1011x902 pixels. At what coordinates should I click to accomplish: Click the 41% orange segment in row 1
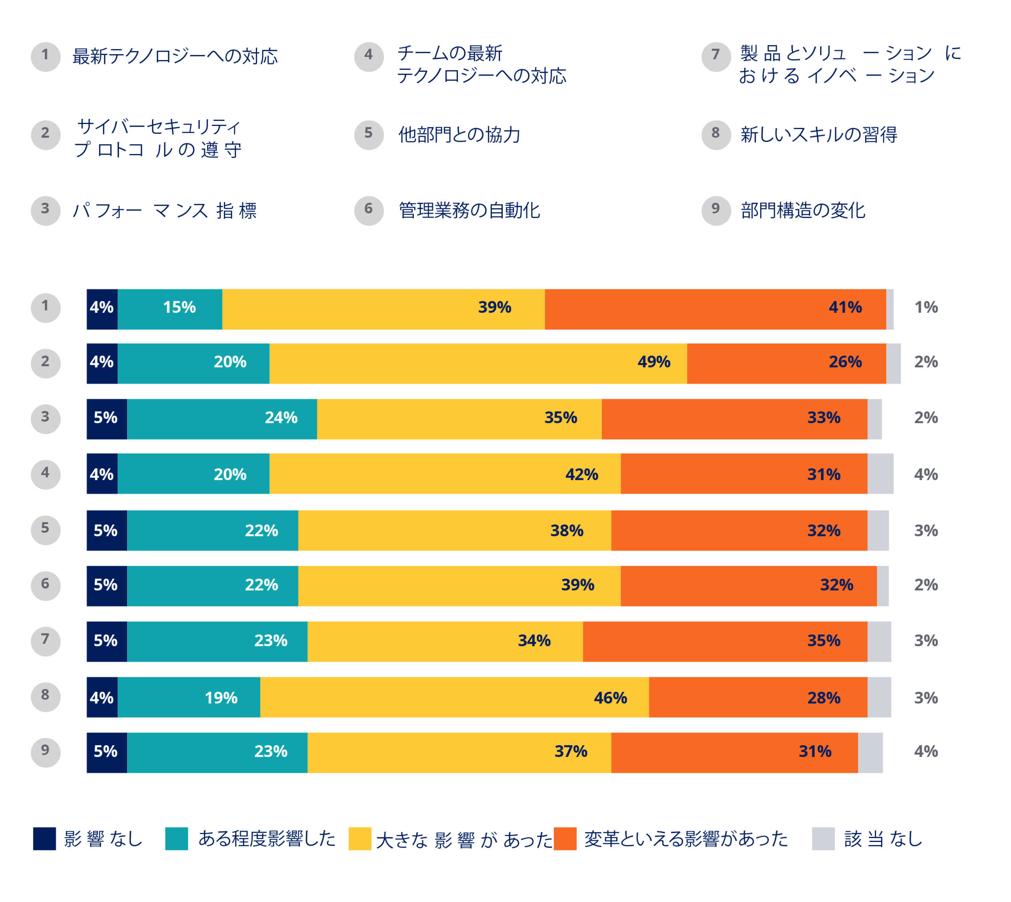point(715,309)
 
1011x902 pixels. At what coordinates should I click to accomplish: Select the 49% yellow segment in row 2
point(478,363)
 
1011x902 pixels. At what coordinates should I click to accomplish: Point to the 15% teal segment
point(170,309)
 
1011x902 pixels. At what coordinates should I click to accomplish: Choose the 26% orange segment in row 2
point(786,363)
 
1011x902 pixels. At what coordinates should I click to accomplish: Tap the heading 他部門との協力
point(459,135)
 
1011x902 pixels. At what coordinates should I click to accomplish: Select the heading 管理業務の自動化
point(469,210)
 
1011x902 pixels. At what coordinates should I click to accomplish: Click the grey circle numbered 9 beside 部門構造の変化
point(716,210)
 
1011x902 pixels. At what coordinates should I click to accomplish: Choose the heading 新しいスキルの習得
point(818,135)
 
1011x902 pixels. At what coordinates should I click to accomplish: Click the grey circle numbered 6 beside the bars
point(45,585)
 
